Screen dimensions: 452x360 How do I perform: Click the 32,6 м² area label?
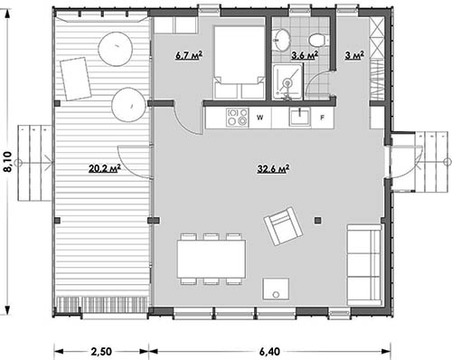(x=273, y=169)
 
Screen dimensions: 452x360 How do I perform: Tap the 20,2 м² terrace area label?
(x=105, y=168)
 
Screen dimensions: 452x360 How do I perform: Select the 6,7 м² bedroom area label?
(x=189, y=55)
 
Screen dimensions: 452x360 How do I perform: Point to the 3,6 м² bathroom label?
(x=305, y=55)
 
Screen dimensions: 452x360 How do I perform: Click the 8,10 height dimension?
(x=7, y=162)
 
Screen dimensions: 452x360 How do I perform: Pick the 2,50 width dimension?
(x=101, y=352)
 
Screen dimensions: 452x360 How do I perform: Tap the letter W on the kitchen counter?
(x=259, y=118)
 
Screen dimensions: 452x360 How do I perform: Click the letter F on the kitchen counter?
(x=322, y=118)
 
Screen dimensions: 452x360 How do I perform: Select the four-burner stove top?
(x=237, y=118)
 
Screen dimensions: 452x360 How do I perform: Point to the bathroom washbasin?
(x=282, y=40)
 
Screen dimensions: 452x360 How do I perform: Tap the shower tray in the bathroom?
(x=287, y=81)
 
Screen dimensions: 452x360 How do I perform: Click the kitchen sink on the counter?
(x=299, y=117)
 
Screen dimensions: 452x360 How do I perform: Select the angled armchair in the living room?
(x=283, y=226)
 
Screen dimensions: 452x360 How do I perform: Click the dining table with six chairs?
(x=211, y=259)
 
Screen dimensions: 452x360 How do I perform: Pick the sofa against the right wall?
(x=364, y=265)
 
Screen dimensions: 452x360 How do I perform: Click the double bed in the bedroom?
(x=240, y=62)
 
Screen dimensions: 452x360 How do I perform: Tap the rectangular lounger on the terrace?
(x=76, y=79)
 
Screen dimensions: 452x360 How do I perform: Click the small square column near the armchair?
(x=317, y=221)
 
